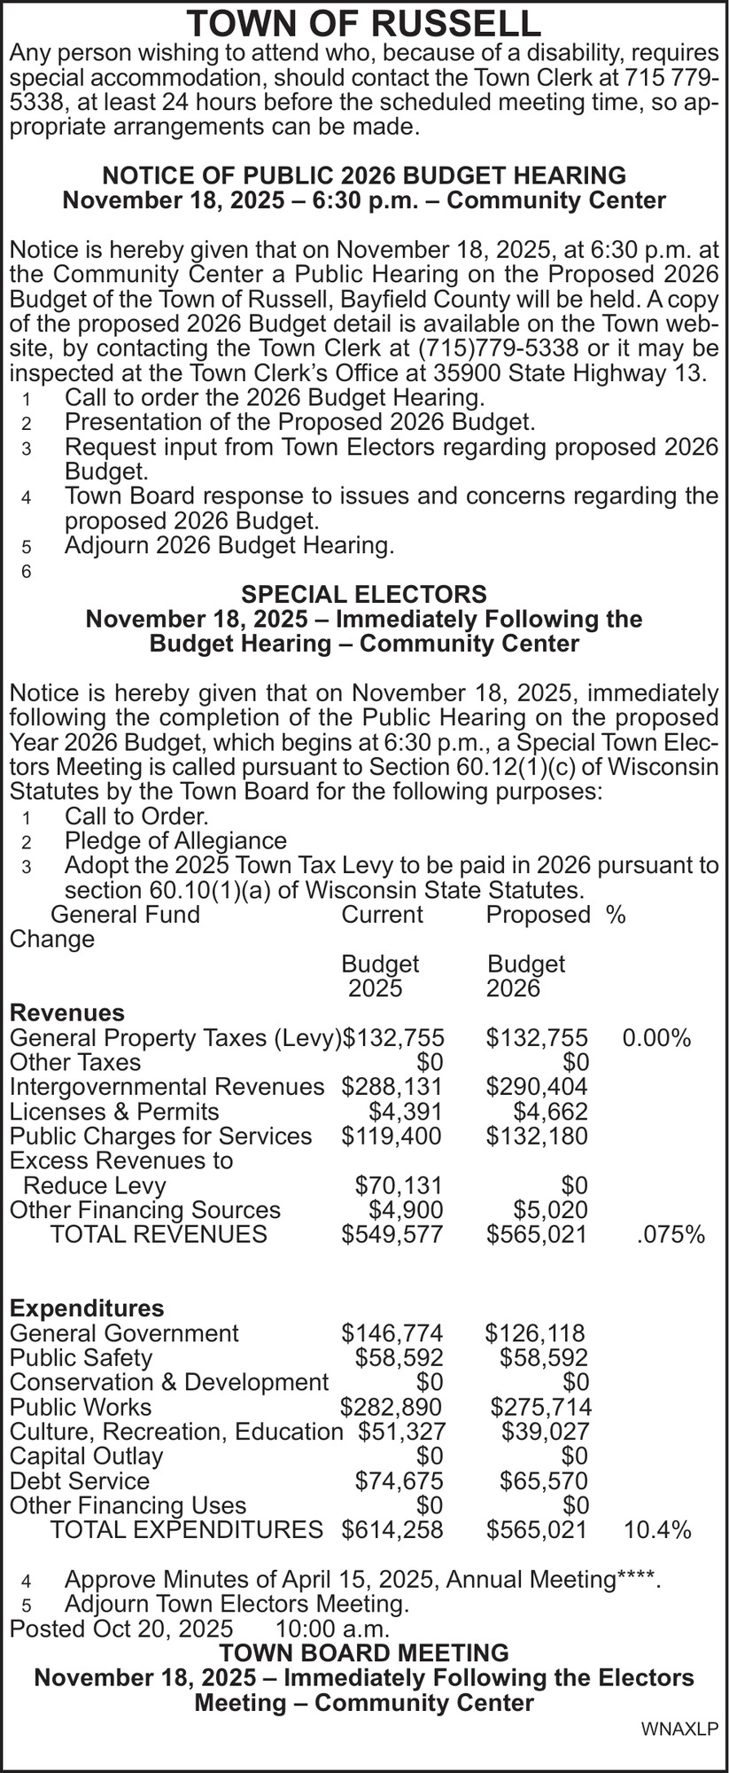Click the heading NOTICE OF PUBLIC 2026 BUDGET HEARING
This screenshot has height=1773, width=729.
[364, 175]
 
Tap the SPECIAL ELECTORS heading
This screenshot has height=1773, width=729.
[364, 593]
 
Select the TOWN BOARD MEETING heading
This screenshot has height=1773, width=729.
[364, 1652]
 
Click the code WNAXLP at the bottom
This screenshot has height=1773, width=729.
[679, 1729]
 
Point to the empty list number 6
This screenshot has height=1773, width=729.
[27, 573]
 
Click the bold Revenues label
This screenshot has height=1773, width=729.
[66, 1012]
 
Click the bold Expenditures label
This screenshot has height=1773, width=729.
[86, 1308]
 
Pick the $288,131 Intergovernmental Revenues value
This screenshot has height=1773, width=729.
[392, 1086]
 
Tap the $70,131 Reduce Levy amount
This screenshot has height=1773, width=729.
[399, 1185]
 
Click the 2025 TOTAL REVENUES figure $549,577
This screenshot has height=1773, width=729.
[392, 1234]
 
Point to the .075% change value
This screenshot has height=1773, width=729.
[671, 1234]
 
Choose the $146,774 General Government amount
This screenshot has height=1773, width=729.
[392, 1332]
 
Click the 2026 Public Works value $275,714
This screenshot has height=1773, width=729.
[540, 1407]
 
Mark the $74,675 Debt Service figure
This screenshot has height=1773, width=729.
[399, 1480]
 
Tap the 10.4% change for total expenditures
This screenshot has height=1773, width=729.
[657, 1529]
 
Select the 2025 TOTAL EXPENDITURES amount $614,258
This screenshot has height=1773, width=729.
[392, 1529]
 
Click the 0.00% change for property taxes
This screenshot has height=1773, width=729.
[656, 1037]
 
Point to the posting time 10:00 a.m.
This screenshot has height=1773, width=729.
[333, 1629]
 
